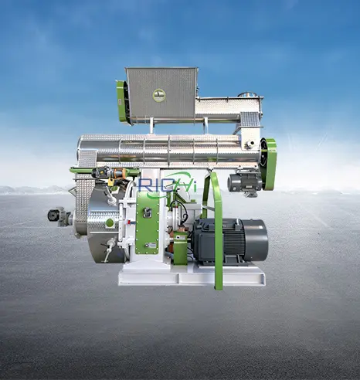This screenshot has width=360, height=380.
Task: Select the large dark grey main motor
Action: point(230,241)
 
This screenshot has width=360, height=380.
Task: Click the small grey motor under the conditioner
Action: point(244,182)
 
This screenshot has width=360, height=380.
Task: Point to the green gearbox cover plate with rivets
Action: point(147,222)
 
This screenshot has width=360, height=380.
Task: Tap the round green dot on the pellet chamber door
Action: point(110,222)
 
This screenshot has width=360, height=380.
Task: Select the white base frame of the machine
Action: point(192,276)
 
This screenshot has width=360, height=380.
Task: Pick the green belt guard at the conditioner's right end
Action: point(270,164)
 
